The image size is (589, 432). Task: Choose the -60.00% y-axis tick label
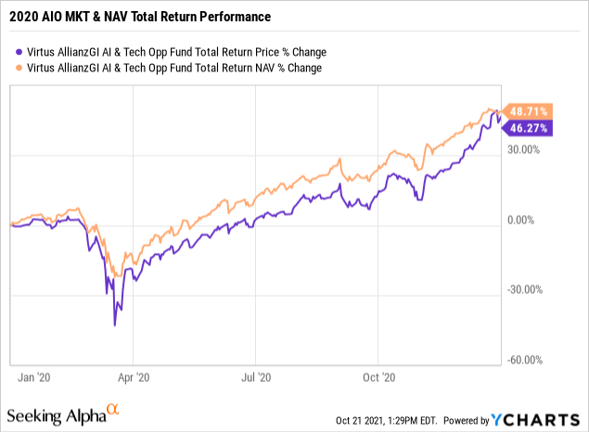click(x=525, y=361)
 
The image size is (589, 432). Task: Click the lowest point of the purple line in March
click(x=114, y=324)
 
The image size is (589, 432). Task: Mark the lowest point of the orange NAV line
click(x=116, y=275)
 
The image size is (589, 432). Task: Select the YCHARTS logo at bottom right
click(x=542, y=418)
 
